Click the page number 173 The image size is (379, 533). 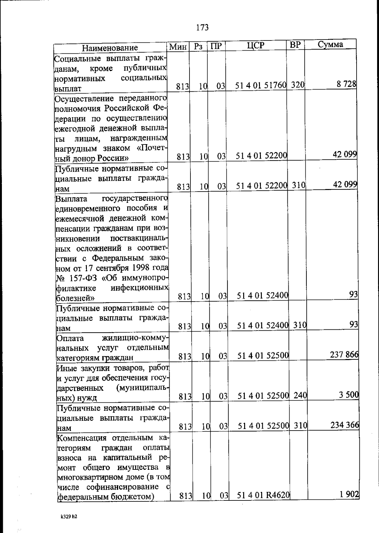[202, 28]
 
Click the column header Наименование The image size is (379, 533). [110, 48]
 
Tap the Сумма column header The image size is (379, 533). [330, 45]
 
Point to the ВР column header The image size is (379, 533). [295, 45]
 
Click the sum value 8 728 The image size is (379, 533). [346, 84]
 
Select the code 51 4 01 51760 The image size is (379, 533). [261, 85]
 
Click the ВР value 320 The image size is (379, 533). [298, 85]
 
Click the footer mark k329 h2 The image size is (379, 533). [69, 517]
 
